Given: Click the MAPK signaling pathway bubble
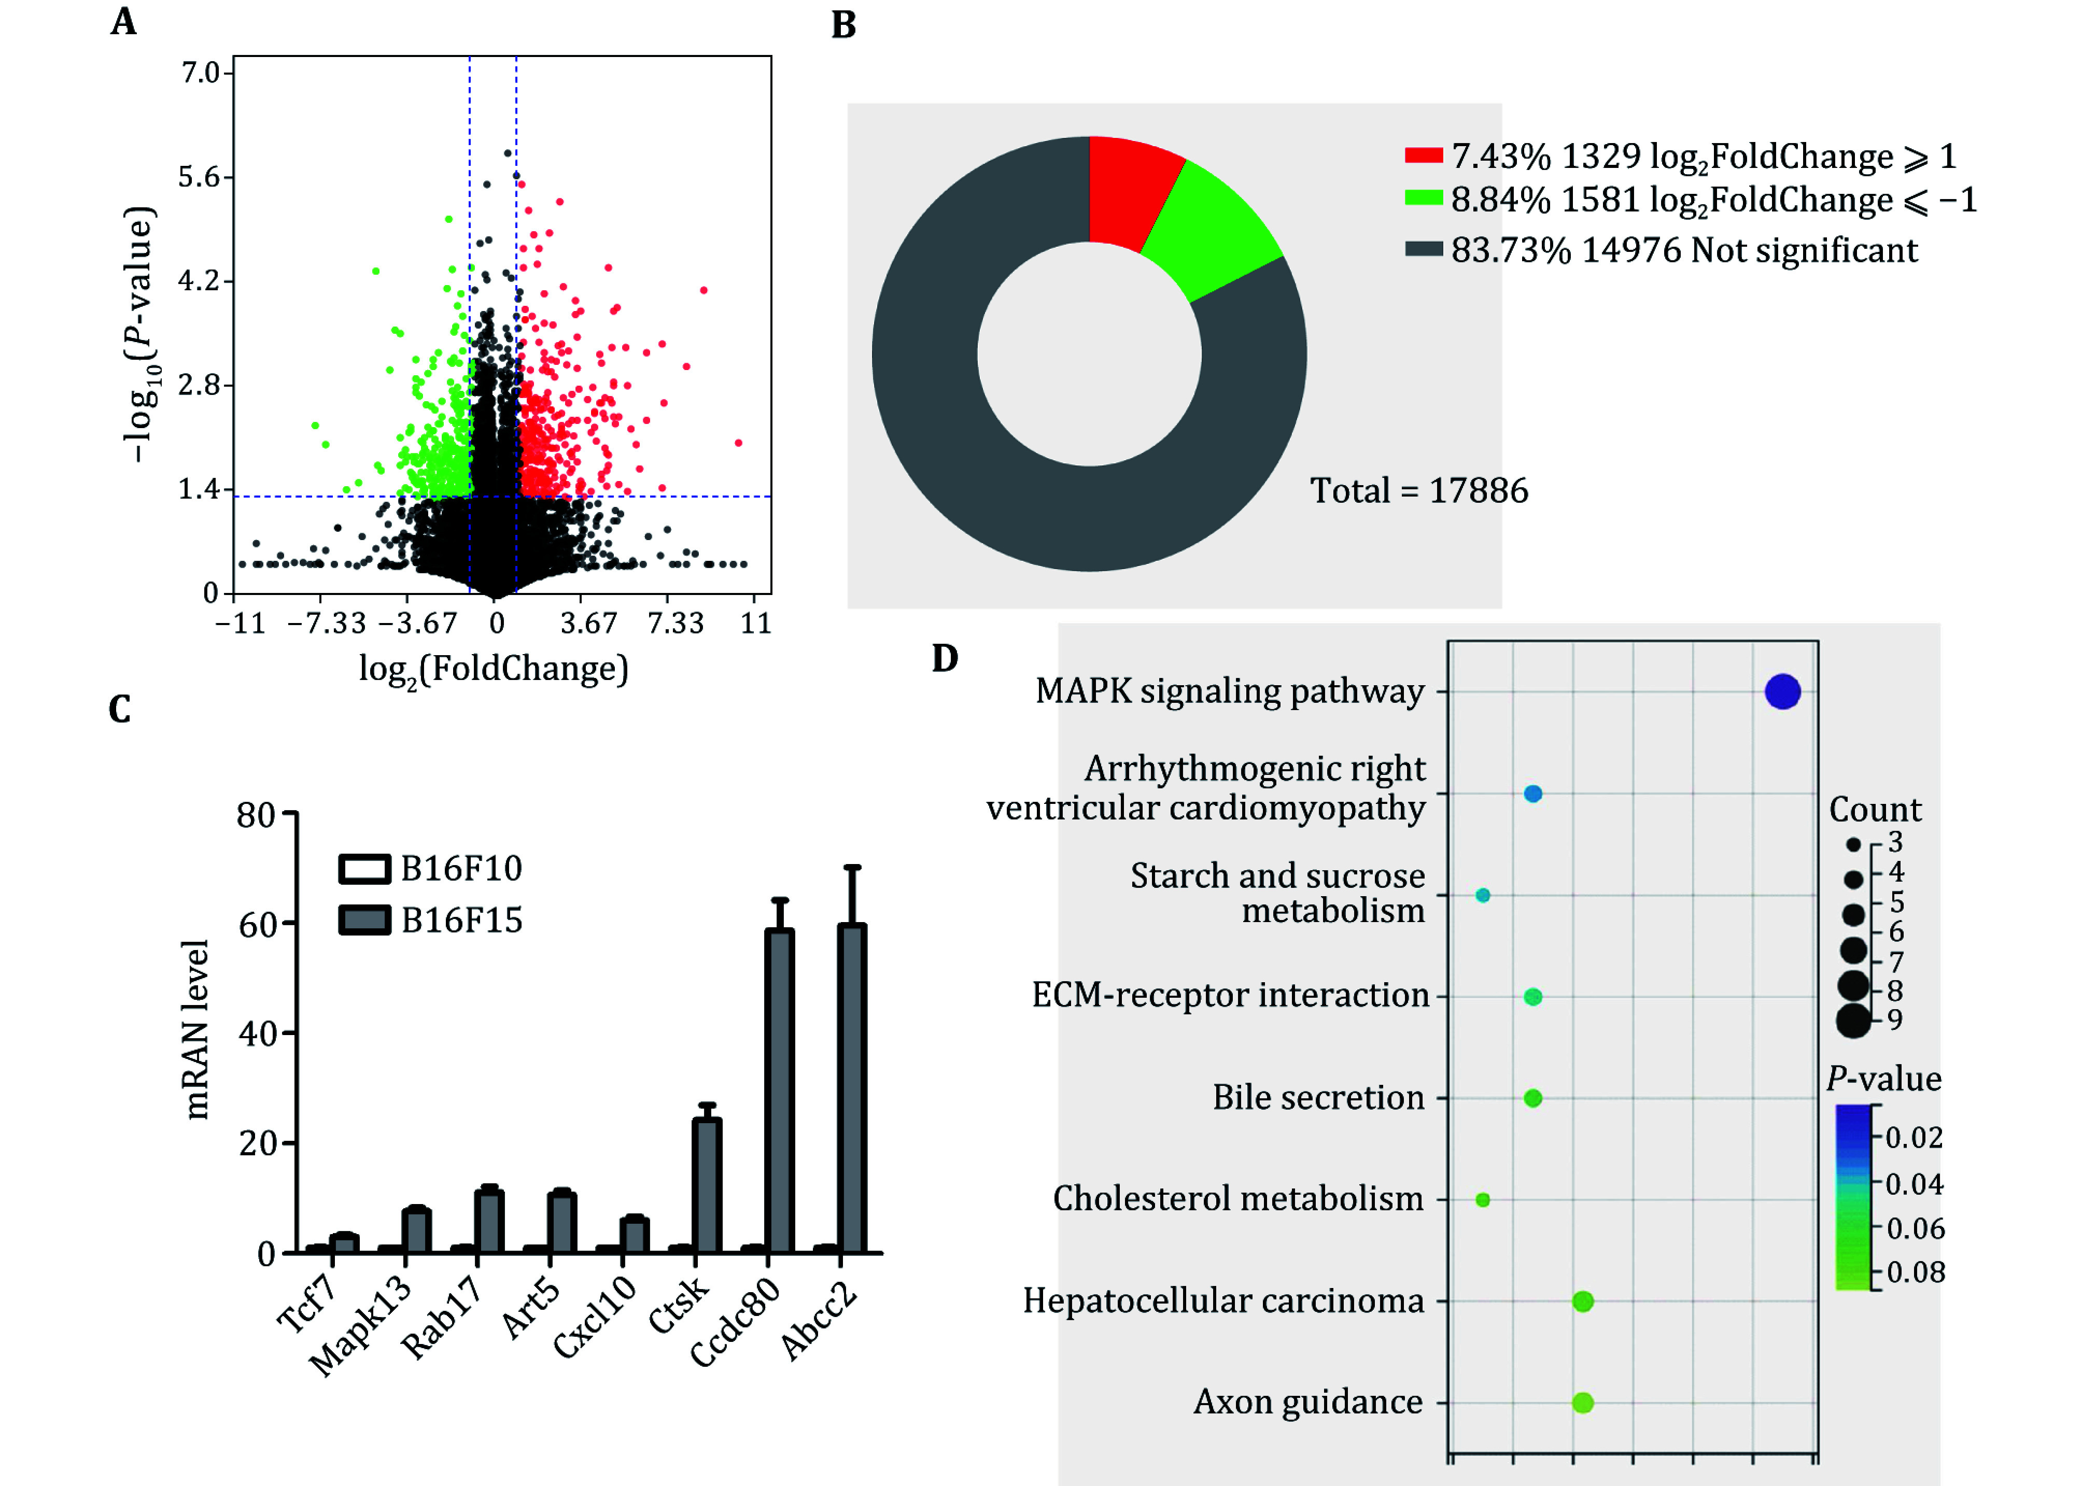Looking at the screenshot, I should click(x=1782, y=692).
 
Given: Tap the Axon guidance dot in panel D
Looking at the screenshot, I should click(x=1582, y=1402).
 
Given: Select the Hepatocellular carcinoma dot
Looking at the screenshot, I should click(x=1582, y=1301).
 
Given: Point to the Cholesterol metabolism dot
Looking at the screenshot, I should click(x=1483, y=1199).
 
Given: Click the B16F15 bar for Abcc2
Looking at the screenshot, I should click(x=852, y=1089).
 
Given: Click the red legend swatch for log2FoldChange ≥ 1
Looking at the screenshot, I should click(x=1423, y=155).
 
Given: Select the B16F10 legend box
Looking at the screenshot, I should click(x=364, y=868).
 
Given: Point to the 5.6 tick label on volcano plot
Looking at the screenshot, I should click(x=200, y=177).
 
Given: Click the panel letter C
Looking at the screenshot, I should click(x=120, y=709).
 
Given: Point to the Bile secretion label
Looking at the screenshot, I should click(x=1318, y=1097).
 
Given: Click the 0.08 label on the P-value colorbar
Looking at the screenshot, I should click(x=1916, y=1272).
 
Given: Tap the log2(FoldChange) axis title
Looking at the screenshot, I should click(x=493, y=669).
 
